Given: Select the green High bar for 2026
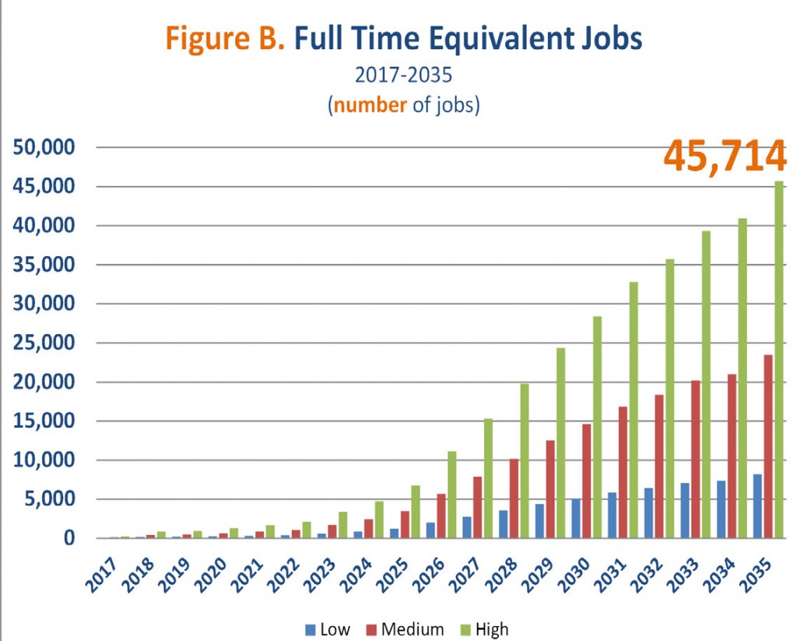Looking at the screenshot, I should pyautogui.click(x=452, y=494).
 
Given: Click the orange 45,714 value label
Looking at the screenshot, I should pyautogui.click(x=725, y=157).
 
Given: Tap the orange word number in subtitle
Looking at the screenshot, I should pyautogui.click(x=370, y=104).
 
